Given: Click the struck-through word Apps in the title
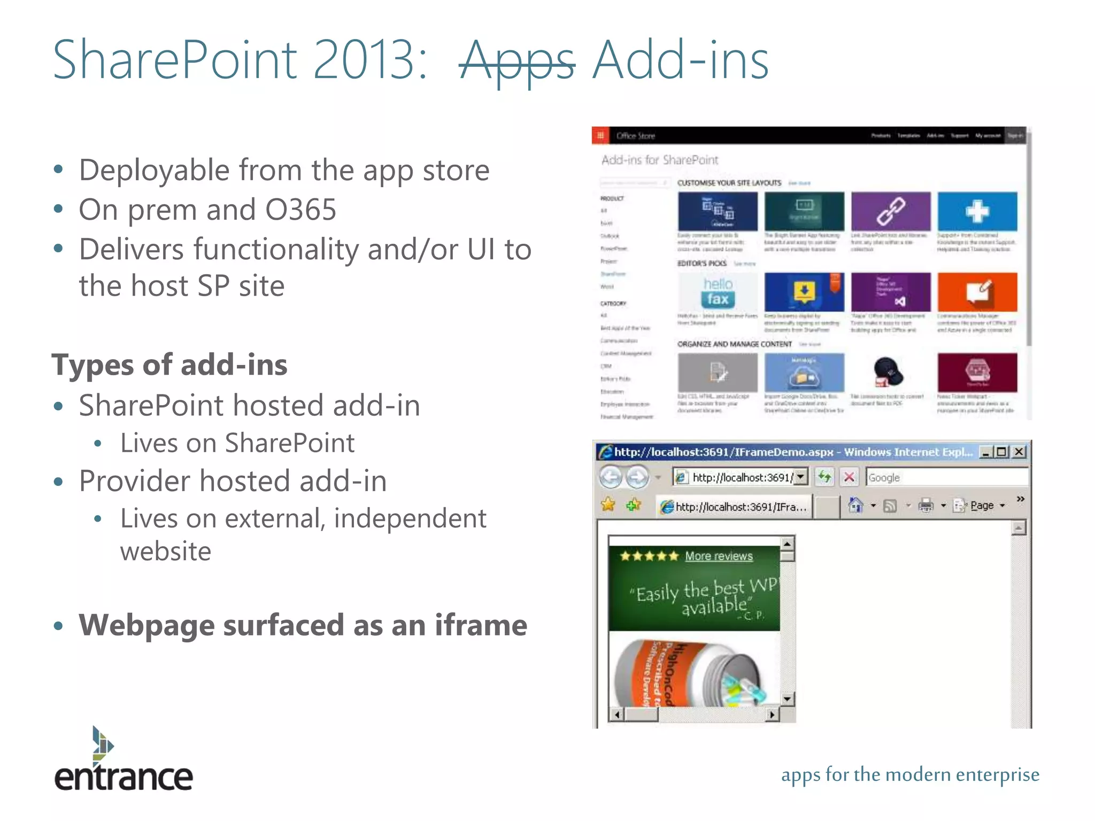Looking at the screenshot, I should pyautogui.click(x=516, y=61).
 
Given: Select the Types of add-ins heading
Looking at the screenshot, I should pyautogui.click(x=169, y=365).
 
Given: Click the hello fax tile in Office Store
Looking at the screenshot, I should pyautogui.click(x=718, y=292).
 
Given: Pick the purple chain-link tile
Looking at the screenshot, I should pyautogui.click(x=891, y=211).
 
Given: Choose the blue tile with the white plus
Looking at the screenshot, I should pyautogui.click(x=977, y=211).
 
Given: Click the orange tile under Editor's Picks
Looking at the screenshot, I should pyautogui.click(x=977, y=292).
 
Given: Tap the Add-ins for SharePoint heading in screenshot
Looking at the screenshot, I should pyautogui.click(x=660, y=160).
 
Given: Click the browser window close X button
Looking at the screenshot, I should pyautogui.click(x=1019, y=452).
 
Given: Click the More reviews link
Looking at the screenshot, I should pyautogui.click(x=719, y=556).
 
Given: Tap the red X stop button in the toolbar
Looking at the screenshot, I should pyautogui.click(x=849, y=477).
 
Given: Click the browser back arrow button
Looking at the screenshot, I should pyautogui.click(x=611, y=477).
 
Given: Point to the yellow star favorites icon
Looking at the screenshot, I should pyautogui.click(x=608, y=505).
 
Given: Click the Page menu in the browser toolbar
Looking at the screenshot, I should pyautogui.click(x=982, y=506).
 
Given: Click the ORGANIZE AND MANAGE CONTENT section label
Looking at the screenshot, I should pyautogui.click(x=734, y=344).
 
